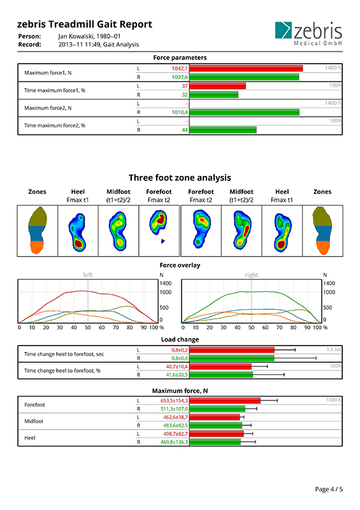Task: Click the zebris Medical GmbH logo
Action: (308, 34)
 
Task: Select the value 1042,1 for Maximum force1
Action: (180, 68)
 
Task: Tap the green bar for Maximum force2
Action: (244, 112)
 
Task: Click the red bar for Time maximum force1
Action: (217, 86)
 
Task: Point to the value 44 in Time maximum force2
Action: (185, 130)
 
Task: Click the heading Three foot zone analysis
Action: (180, 178)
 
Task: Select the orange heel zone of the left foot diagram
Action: (37, 247)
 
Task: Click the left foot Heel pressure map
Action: (78, 232)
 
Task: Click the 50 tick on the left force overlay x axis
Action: (88, 328)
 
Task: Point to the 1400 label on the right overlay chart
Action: (329, 283)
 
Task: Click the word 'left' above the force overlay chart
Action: (88, 275)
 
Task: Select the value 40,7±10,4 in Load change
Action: (176, 367)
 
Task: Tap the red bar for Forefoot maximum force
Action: (225, 400)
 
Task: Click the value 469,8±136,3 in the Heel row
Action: (174, 442)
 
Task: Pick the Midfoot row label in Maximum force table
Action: (34, 421)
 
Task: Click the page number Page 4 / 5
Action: (329, 489)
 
